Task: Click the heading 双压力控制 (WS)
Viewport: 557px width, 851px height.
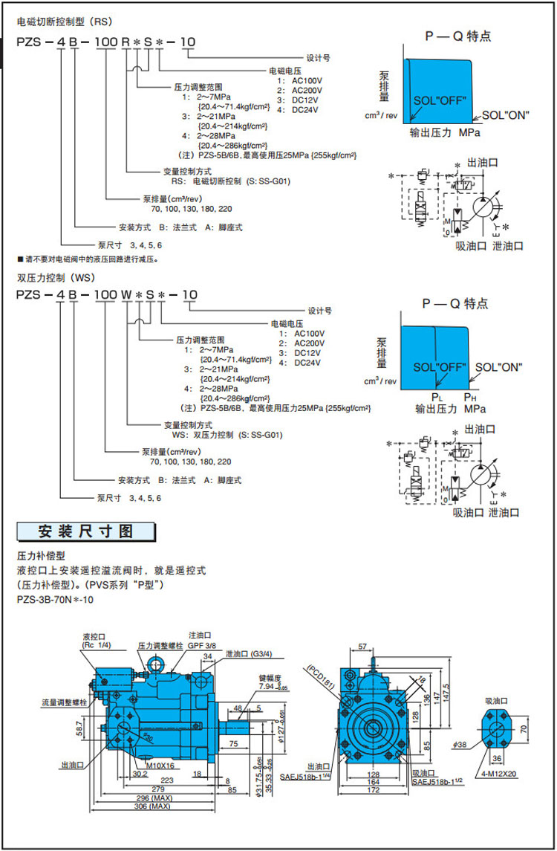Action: point(53,278)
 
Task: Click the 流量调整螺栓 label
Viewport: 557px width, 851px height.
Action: point(64,702)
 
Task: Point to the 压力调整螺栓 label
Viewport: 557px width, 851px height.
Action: point(160,647)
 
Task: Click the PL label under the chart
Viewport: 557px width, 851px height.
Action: point(437,397)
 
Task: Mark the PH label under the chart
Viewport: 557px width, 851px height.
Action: point(469,397)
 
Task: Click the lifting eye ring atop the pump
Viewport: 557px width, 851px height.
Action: point(156,661)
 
